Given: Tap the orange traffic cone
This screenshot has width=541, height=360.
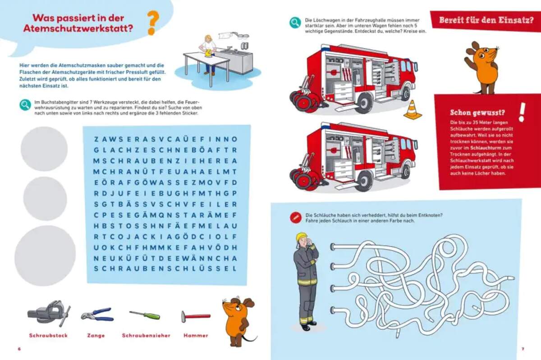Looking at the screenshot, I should [413, 110].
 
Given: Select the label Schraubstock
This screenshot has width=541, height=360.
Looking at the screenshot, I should [48, 335].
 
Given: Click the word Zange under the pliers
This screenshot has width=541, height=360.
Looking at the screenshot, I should [96, 335].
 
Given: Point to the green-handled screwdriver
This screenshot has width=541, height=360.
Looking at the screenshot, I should [144, 314].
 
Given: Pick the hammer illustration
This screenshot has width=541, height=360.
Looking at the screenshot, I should [195, 316].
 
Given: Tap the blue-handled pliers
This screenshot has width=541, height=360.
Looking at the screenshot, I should [97, 314].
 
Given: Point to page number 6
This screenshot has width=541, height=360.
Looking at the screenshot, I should [19, 348].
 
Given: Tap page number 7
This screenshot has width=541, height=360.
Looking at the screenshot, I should [523, 348].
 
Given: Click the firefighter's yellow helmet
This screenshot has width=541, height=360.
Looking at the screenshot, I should [301, 237].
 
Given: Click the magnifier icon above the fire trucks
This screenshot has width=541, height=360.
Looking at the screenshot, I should [295, 23].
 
